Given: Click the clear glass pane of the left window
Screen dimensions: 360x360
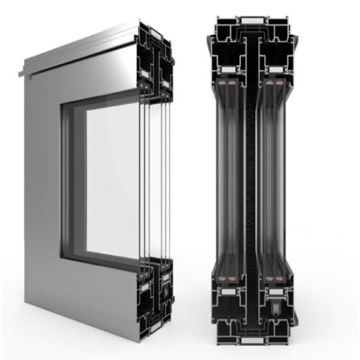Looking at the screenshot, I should (x=114, y=180).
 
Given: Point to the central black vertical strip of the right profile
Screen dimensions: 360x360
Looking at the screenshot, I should (x=253, y=180).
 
